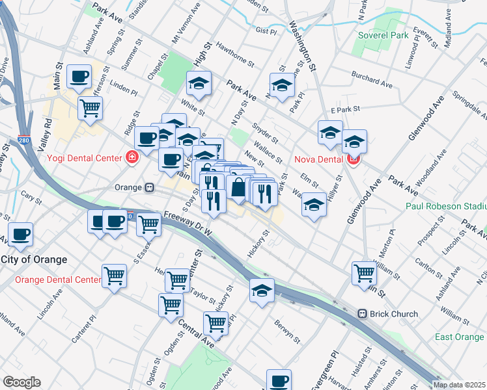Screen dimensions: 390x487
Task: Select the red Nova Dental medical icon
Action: [355, 158]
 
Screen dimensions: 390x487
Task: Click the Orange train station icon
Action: [150, 187]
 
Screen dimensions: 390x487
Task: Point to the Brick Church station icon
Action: [362, 314]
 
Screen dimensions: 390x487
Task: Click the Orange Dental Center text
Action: [57, 280]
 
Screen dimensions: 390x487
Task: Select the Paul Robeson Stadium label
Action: [445, 206]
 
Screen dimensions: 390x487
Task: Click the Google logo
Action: [21, 382]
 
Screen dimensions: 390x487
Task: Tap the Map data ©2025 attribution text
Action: [458, 385]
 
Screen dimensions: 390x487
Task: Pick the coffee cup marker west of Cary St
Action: [20, 233]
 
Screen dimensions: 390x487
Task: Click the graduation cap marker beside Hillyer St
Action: [314, 205]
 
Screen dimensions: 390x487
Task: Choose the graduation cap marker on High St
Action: [199, 83]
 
